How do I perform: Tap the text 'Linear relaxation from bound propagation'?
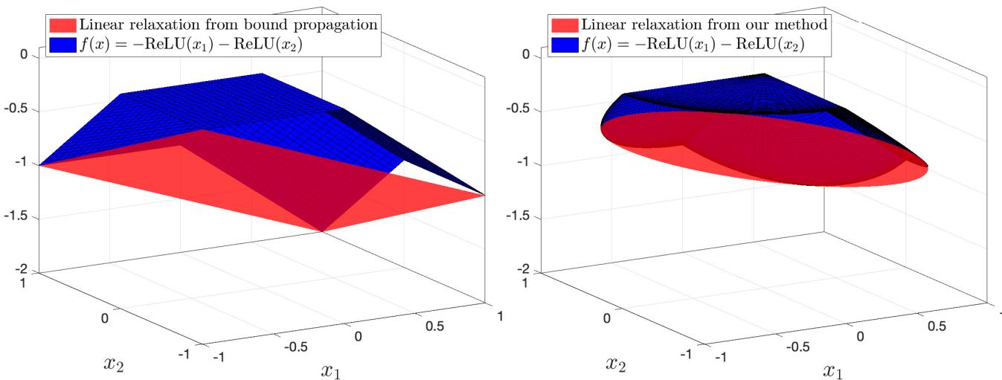(x=229, y=25)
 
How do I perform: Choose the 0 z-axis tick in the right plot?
(x=527, y=56)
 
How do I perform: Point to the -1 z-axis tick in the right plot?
(x=527, y=164)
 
